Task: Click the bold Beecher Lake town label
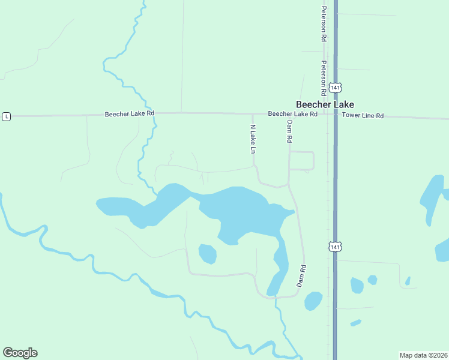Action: click(x=324, y=104)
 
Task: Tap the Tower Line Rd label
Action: click(x=363, y=115)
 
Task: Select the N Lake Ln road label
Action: click(x=253, y=139)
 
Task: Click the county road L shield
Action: click(x=6, y=116)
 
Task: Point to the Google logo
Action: click(x=20, y=353)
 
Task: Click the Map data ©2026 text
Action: click(x=423, y=355)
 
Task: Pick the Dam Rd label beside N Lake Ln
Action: click(x=289, y=131)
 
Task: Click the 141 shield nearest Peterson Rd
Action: click(x=335, y=88)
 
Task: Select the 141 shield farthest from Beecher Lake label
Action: click(x=335, y=247)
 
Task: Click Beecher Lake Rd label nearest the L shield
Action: click(x=130, y=113)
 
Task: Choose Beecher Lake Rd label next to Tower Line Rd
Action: click(x=292, y=113)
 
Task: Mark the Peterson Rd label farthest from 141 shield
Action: click(x=324, y=23)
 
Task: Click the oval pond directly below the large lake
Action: click(x=207, y=253)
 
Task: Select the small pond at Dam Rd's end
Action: click(x=313, y=301)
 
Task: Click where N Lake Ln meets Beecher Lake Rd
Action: click(x=253, y=113)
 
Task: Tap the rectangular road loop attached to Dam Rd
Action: click(x=301, y=161)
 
